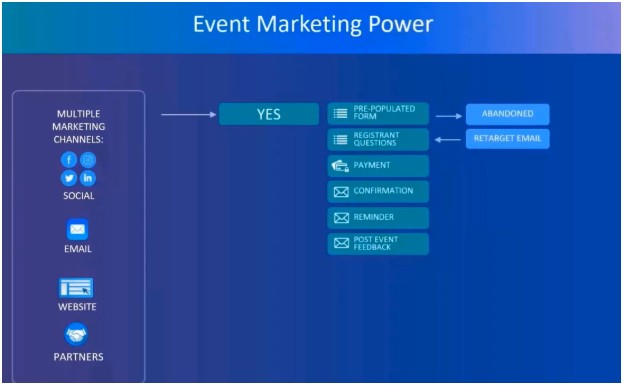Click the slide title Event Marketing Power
tap(311, 25)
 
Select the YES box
tap(268, 115)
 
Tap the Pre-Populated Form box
tap(378, 114)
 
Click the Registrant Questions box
tap(378, 140)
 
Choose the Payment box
tap(378, 165)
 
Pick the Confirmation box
tap(378, 191)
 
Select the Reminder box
tap(378, 217)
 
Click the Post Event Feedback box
tap(378, 243)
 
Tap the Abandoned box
tap(507, 114)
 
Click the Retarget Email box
tap(507, 139)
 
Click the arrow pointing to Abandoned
tap(448, 116)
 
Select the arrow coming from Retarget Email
tap(448, 139)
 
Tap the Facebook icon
tap(69, 160)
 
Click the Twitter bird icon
tap(69, 178)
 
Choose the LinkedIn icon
tap(88, 178)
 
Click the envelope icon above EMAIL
tap(77, 230)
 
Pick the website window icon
tap(77, 288)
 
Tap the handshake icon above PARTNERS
tap(77, 335)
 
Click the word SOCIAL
tap(78, 196)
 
